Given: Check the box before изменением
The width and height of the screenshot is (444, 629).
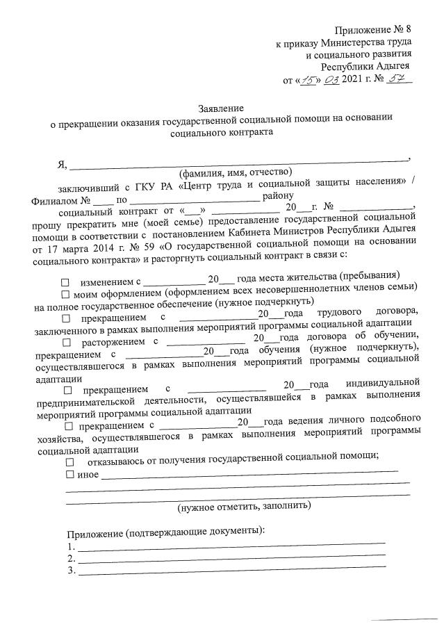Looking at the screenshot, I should tap(66, 283).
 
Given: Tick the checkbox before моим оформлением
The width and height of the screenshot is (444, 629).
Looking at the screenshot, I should tap(67, 295).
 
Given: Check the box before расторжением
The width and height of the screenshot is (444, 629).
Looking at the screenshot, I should tap(67, 343).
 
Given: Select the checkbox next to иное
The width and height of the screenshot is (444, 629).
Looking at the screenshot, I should tap(69, 475).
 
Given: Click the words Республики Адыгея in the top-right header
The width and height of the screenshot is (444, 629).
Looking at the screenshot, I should tap(371, 65).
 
